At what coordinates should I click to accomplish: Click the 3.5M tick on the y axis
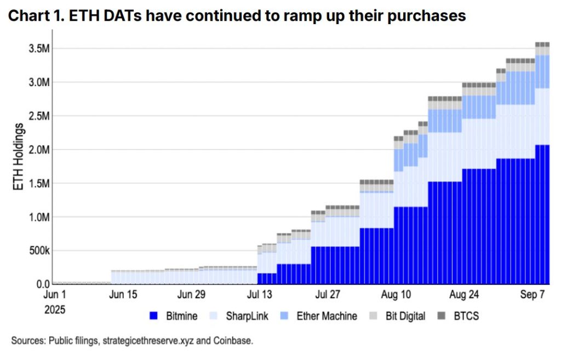39,49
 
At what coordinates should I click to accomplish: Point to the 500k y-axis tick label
38,251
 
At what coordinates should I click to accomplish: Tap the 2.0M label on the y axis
39,150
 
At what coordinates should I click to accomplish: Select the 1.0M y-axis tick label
39,217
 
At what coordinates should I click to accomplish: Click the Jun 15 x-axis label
124,295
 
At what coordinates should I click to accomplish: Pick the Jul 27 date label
328,295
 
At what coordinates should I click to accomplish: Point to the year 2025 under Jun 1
55,309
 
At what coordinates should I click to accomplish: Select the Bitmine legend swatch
154,316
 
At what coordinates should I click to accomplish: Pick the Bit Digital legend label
405,316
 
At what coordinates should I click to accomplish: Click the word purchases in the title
419,16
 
